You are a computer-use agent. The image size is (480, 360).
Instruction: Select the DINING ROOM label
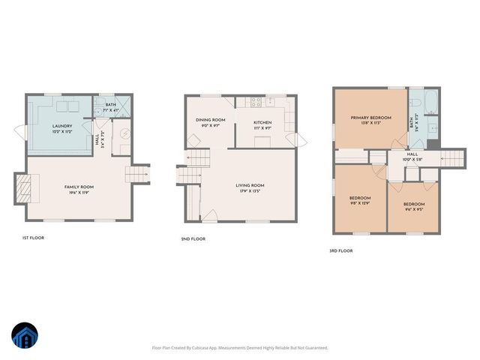(210, 120)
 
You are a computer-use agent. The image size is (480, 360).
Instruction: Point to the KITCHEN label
(262, 123)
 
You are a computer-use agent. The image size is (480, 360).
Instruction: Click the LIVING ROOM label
(250, 185)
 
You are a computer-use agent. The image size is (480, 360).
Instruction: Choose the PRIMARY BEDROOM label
(370, 118)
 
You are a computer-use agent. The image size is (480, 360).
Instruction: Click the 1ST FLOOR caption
(33, 238)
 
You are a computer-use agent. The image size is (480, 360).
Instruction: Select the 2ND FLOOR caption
(194, 238)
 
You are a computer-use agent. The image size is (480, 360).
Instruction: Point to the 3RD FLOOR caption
(341, 251)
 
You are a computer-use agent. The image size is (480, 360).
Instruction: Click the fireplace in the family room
(25, 188)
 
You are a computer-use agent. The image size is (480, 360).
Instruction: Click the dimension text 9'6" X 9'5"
(414, 209)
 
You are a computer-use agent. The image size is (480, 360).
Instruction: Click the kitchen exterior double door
(301, 140)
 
